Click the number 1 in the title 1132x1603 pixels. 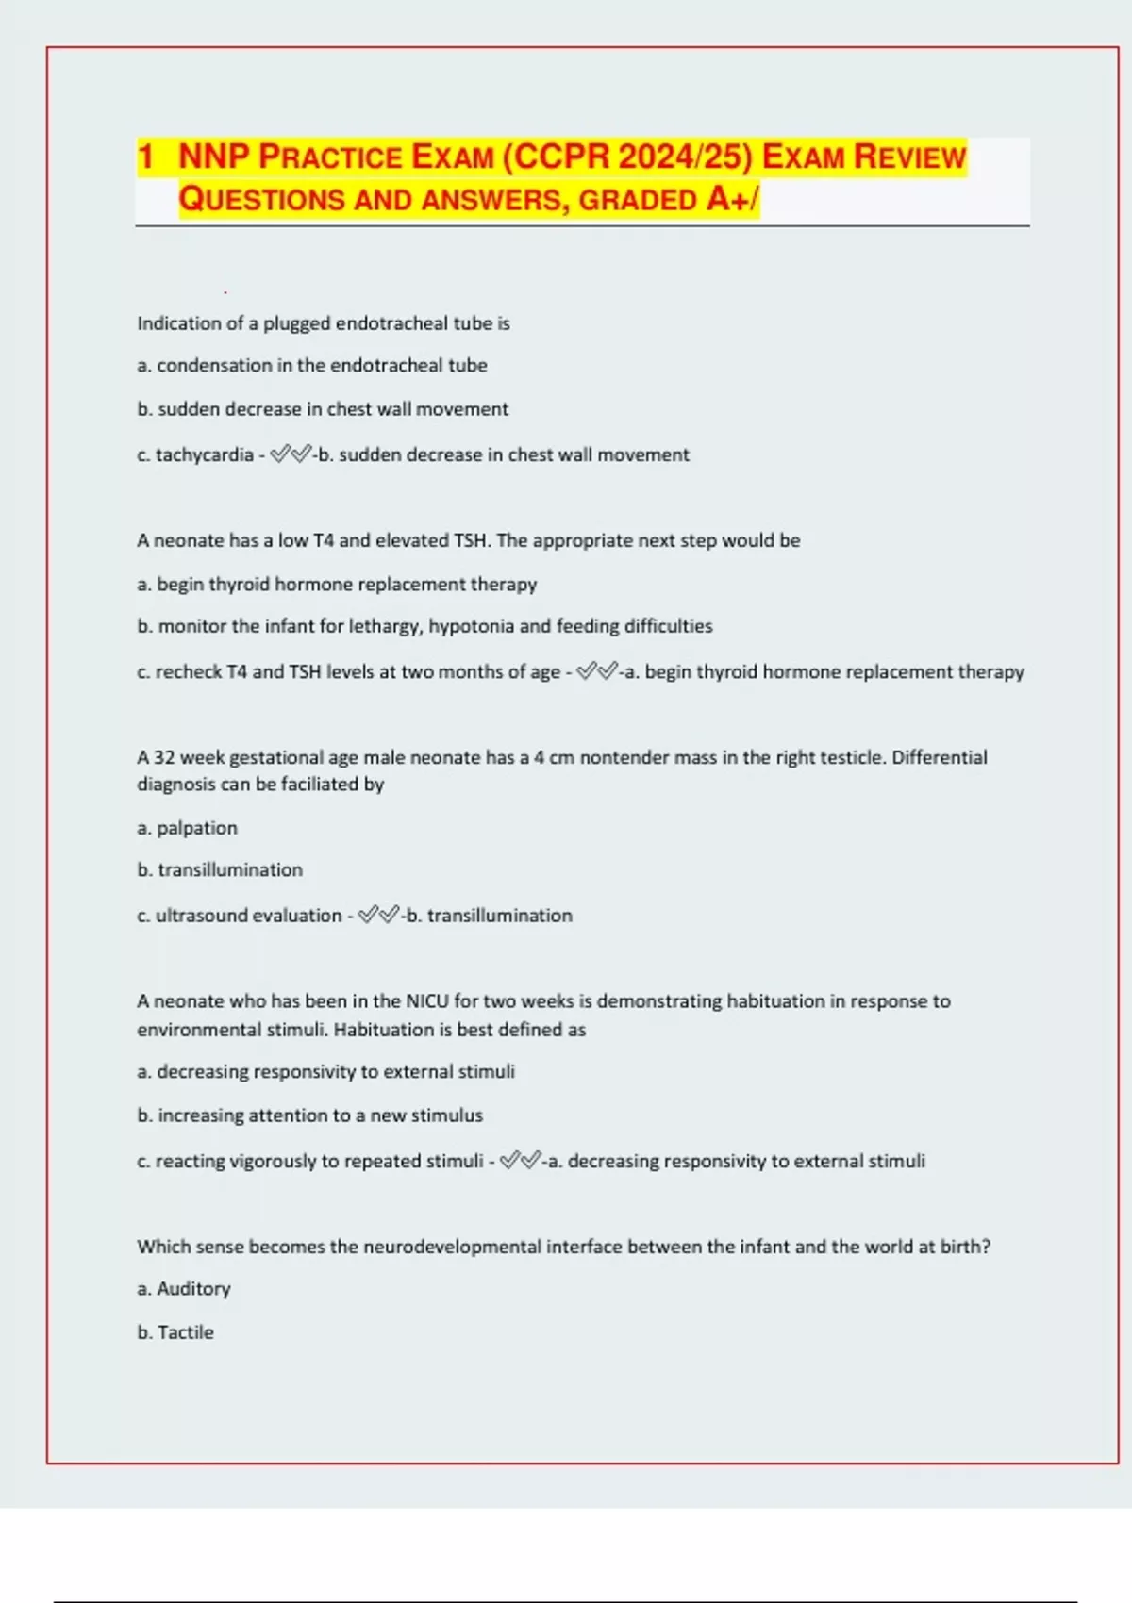tap(145, 157)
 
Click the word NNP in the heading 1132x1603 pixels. tap(212, 157)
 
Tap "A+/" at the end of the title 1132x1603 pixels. tap(732, 199)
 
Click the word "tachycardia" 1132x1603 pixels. tap(205, 454)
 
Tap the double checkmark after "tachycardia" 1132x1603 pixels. tap(291, 454)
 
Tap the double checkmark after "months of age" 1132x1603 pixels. tap(596, 671)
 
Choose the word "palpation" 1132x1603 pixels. tap(197, 828)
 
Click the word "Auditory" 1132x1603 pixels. tap(193, 1289)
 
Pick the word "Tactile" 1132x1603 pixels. tap(186, 1332)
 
